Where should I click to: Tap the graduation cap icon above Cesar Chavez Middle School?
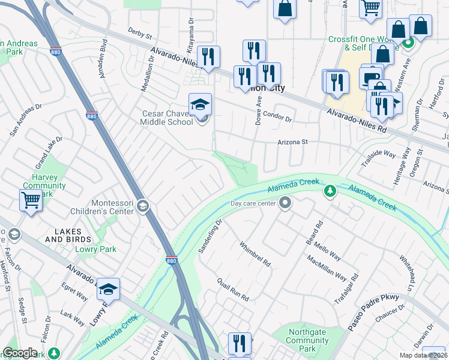[200, 105]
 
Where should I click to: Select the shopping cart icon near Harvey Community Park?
[31, 200]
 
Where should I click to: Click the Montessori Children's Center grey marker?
[142, 207]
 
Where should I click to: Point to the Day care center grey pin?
[286, 203]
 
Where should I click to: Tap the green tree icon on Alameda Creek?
[329, 191]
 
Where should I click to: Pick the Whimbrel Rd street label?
[255, 254]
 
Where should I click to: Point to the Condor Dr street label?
[277, 119]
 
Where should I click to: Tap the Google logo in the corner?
[20, 353]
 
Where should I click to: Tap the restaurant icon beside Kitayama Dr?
[208, 58]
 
